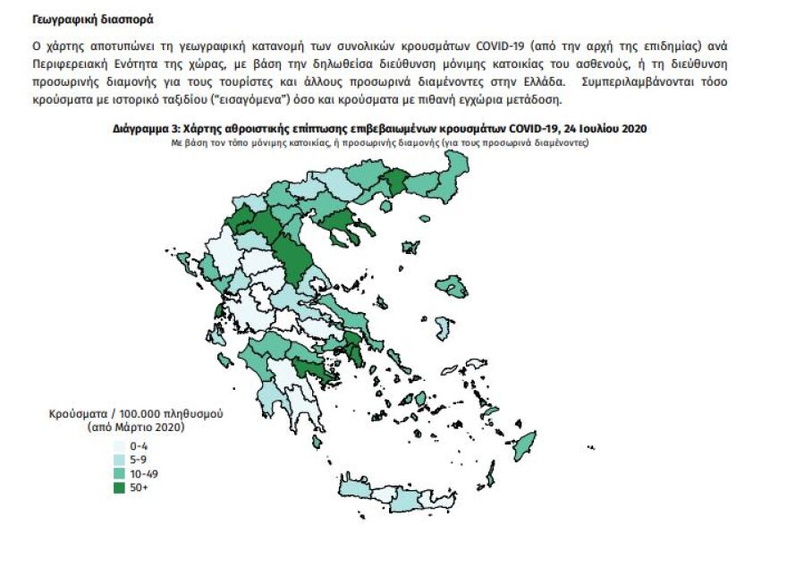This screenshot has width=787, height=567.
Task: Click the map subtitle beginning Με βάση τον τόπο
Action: tap(381, 141)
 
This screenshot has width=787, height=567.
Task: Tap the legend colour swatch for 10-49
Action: tap(119, 473)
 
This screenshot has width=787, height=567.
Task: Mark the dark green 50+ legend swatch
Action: tap(119, 487)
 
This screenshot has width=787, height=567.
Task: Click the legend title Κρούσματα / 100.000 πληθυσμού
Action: tap(135, 414)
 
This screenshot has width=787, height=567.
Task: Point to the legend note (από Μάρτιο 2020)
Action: tap(135, 427)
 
